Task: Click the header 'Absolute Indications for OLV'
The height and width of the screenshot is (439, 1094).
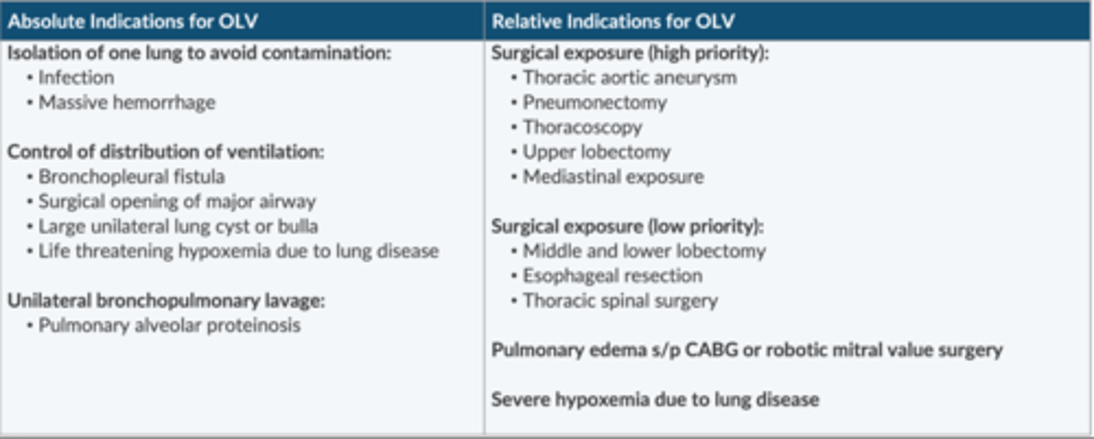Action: coord(132,21)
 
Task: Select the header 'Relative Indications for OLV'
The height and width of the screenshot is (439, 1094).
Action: coord(613,21)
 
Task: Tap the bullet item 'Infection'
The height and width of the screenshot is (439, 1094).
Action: coord(76,77)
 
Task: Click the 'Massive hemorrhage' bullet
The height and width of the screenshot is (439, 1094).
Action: coord(127,103)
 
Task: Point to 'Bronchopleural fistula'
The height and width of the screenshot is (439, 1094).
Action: coord(131,177)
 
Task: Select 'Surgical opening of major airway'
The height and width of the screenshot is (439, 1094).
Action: coord(177,202)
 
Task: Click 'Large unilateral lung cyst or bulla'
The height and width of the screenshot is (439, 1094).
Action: coord(178,226)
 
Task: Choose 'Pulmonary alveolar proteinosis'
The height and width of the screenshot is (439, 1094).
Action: coord(169,326)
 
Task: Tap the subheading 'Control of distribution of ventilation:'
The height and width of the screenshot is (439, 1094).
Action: coord(166,152)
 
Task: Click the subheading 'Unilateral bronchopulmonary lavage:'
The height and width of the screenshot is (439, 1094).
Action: coord(166,301)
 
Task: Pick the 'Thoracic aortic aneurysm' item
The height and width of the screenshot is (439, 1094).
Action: coord(630,77)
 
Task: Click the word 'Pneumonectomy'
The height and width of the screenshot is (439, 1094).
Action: coord(595,103)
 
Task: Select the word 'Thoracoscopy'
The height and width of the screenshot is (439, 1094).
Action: coord(583,127)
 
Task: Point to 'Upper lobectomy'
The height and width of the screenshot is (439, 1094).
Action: coord(596,152)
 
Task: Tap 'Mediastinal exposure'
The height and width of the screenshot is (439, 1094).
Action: coord(613,177)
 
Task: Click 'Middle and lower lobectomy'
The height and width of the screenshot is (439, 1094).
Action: coord(644,251)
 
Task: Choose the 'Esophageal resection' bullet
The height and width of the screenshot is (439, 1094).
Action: coord(612,276)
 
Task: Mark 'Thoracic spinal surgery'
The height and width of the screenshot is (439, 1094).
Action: coord(620,301)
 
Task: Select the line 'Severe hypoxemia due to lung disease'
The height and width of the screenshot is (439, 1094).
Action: coord(655,400)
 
